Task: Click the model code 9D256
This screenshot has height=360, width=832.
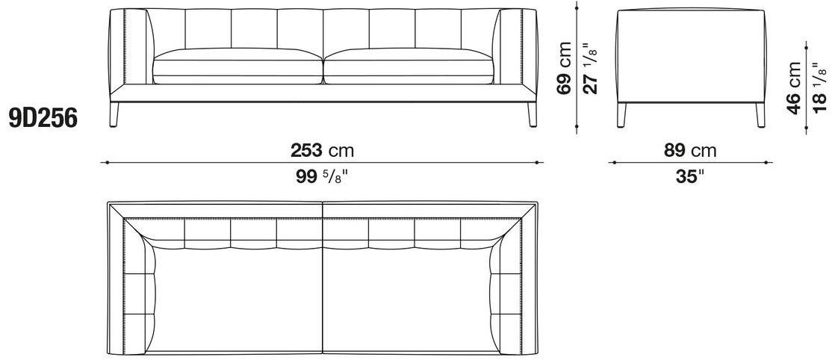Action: click(43, 118)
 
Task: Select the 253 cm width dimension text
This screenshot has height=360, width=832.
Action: click(322, 151)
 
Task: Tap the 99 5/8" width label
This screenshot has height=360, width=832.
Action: click(322, 176)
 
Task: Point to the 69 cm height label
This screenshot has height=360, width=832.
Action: click(564, 68)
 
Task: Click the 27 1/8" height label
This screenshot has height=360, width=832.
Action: click(591, 68)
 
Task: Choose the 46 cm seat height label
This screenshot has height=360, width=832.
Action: click(795, 87)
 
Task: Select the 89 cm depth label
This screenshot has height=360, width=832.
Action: click(690, 151)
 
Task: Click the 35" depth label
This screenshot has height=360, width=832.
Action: click(690, 176)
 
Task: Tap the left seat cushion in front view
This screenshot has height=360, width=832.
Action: click(238, 66)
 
